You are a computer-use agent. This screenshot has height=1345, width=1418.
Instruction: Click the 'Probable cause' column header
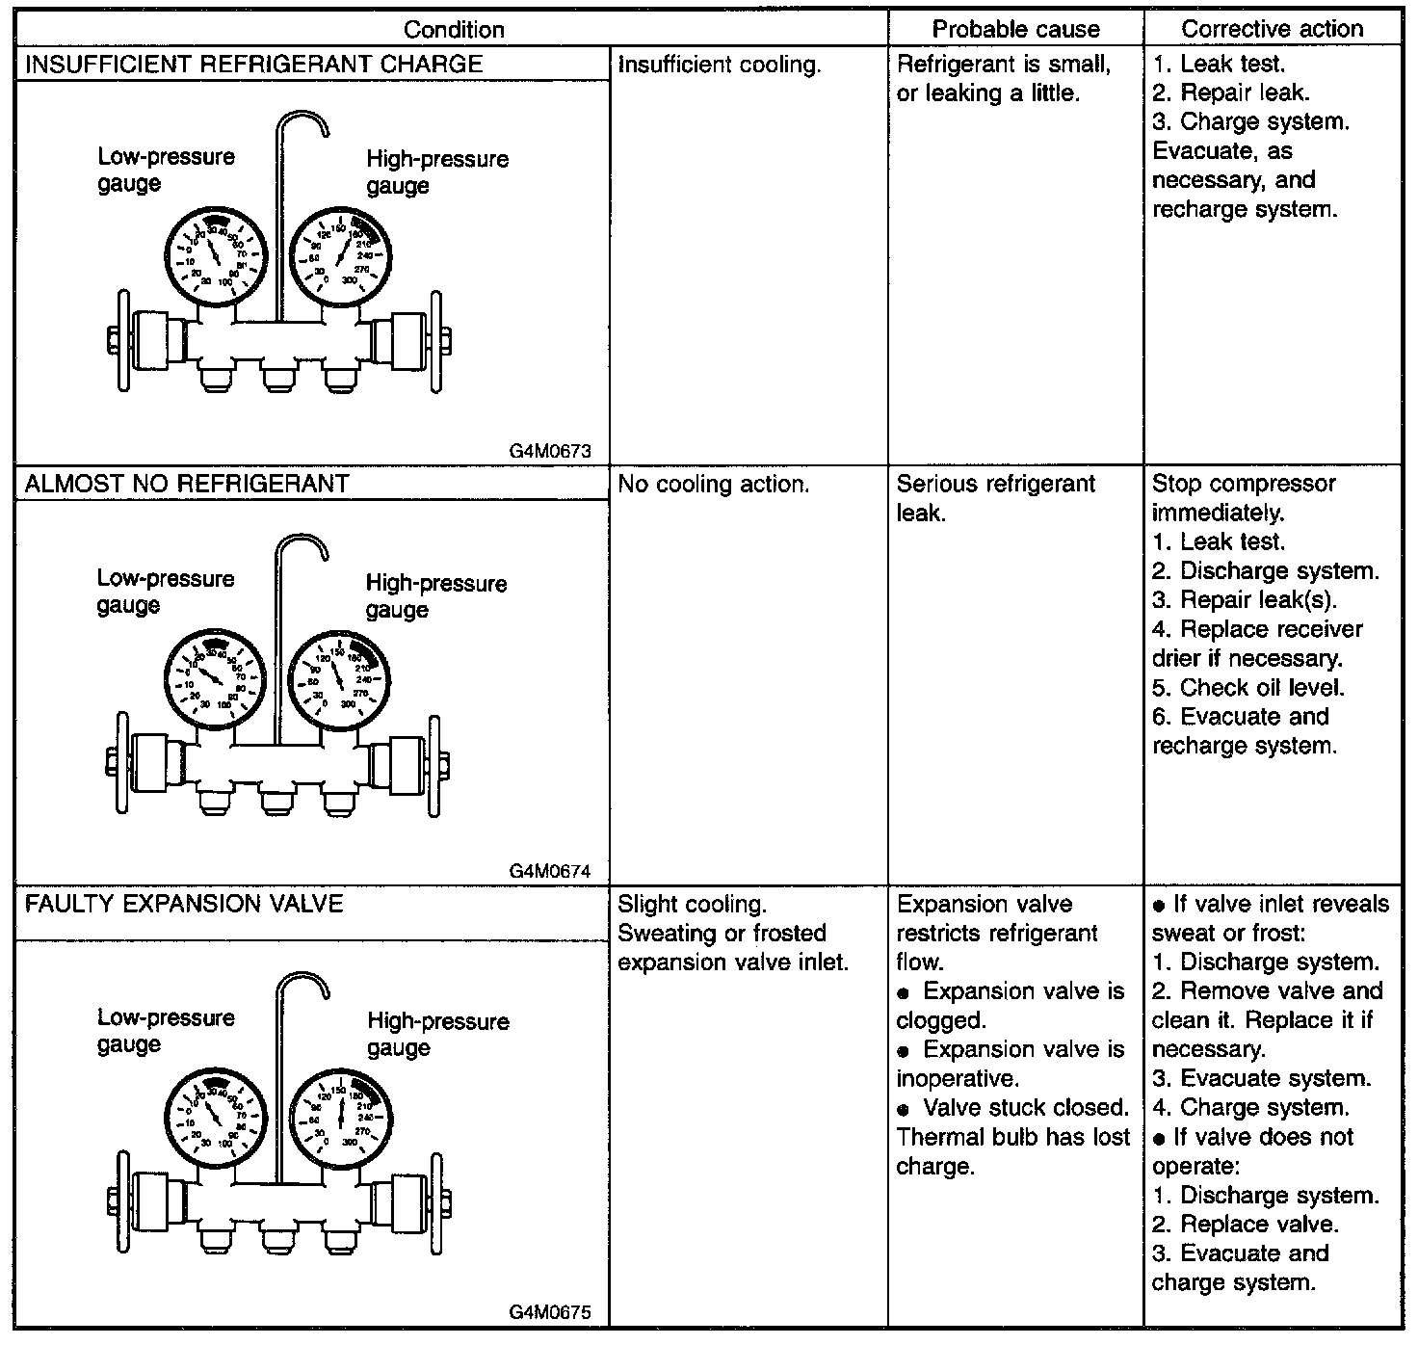tap(1015, 29)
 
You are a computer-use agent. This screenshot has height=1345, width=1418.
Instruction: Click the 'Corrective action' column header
tap(1272, 29)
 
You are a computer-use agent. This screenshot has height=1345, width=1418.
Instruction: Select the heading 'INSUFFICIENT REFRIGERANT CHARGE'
tap(253, 65)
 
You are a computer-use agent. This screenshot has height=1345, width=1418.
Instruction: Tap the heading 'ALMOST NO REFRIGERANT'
tap(186, 484)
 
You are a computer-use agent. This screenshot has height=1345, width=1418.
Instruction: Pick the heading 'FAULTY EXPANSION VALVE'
tap(183, 904)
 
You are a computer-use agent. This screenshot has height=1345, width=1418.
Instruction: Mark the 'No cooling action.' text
tap(713, 484)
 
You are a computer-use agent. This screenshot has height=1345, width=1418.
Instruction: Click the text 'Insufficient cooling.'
tap(719, 66)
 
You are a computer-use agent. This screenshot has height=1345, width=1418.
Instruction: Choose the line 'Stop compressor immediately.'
tap(1243, 497)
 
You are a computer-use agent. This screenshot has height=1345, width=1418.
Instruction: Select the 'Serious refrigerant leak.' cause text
tap(995, 497)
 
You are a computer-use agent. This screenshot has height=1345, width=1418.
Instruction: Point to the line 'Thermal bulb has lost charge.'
tap(1012, 1151)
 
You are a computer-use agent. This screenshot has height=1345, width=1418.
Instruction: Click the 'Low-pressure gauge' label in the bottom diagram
tap(166, 1030)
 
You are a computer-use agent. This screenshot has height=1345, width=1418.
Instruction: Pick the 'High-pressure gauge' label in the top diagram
tap(437, 171)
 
